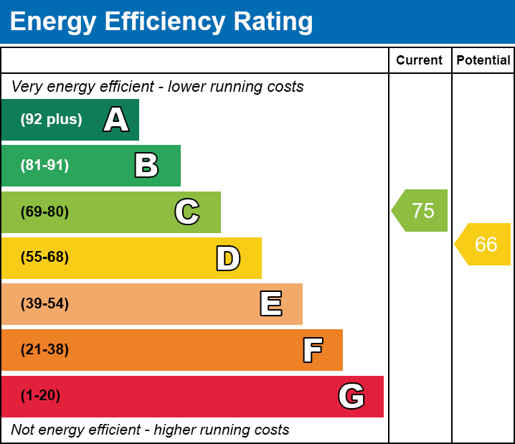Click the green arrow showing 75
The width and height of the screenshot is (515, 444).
point(420,210)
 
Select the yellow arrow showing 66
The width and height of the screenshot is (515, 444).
point(483,245)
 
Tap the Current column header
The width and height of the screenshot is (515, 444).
point(419,60)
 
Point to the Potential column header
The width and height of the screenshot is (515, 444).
point(483,60)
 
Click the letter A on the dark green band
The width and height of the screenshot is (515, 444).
point(116,119)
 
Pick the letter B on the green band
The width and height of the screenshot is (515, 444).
point(146,165)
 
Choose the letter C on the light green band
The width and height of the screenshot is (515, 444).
point(187,212)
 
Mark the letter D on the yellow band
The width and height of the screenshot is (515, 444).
point(228,258)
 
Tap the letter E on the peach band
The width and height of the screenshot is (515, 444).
point(271,303)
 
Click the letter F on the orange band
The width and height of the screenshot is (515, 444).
point(313,350)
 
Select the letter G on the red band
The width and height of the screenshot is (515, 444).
point(351,396)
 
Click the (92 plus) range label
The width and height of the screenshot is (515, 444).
point(51,119)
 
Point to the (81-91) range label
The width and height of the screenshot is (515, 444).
point(44,165)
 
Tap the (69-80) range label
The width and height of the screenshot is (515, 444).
point(44,212)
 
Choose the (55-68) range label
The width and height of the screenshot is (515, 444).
point(44,257)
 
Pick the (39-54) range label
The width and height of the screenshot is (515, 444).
point(44,303)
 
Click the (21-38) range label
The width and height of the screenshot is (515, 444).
point(44,349)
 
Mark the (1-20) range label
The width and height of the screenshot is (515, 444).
point(40,395)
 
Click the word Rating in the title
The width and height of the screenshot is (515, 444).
point(273,22)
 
